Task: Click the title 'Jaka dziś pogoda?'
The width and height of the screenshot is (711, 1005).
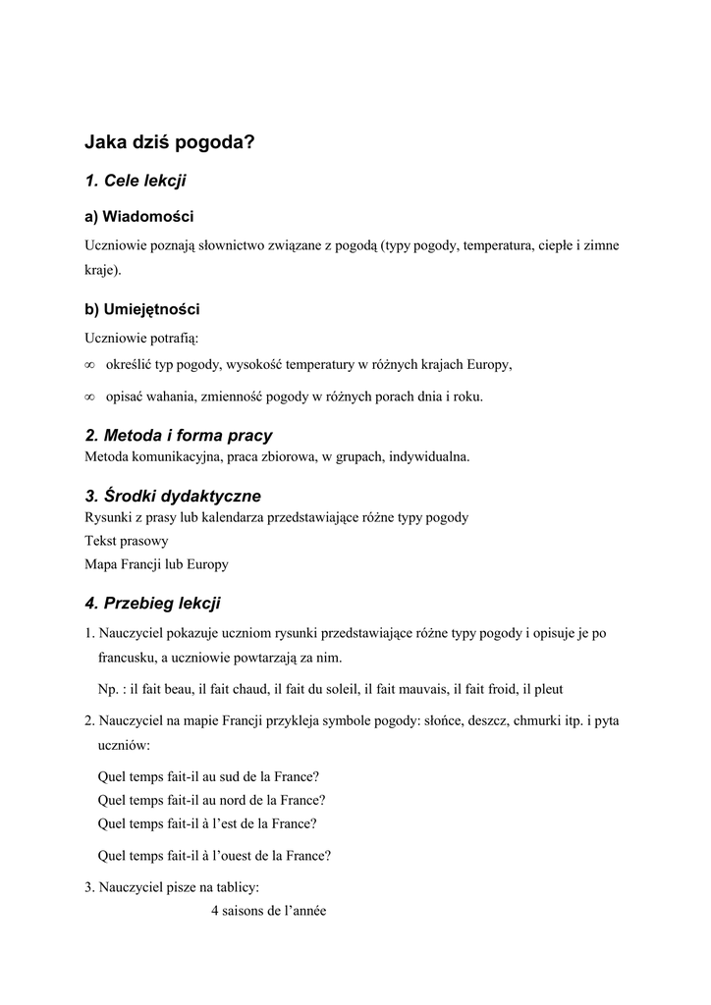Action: pos(169,142)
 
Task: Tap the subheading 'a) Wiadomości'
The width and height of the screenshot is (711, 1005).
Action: pos(138,216)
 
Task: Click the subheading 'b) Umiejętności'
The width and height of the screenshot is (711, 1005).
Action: pos(142,309)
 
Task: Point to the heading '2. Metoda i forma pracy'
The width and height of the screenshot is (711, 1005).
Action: pos(179,435)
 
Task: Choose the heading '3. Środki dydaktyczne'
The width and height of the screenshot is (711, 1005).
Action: pos(173,496)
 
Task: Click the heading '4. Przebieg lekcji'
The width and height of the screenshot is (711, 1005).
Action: pos(152,603)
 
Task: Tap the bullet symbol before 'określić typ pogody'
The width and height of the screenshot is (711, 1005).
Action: pos(89,365)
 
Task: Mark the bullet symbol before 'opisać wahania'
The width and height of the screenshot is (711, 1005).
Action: pos(89,397)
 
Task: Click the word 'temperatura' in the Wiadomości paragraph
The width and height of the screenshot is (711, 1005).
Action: pos(502,244)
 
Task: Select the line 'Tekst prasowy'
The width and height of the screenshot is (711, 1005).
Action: pos(127,541)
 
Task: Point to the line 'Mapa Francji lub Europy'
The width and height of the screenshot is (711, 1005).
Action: pos(157,564)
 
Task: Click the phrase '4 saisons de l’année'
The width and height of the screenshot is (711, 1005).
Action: pos(268,910)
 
